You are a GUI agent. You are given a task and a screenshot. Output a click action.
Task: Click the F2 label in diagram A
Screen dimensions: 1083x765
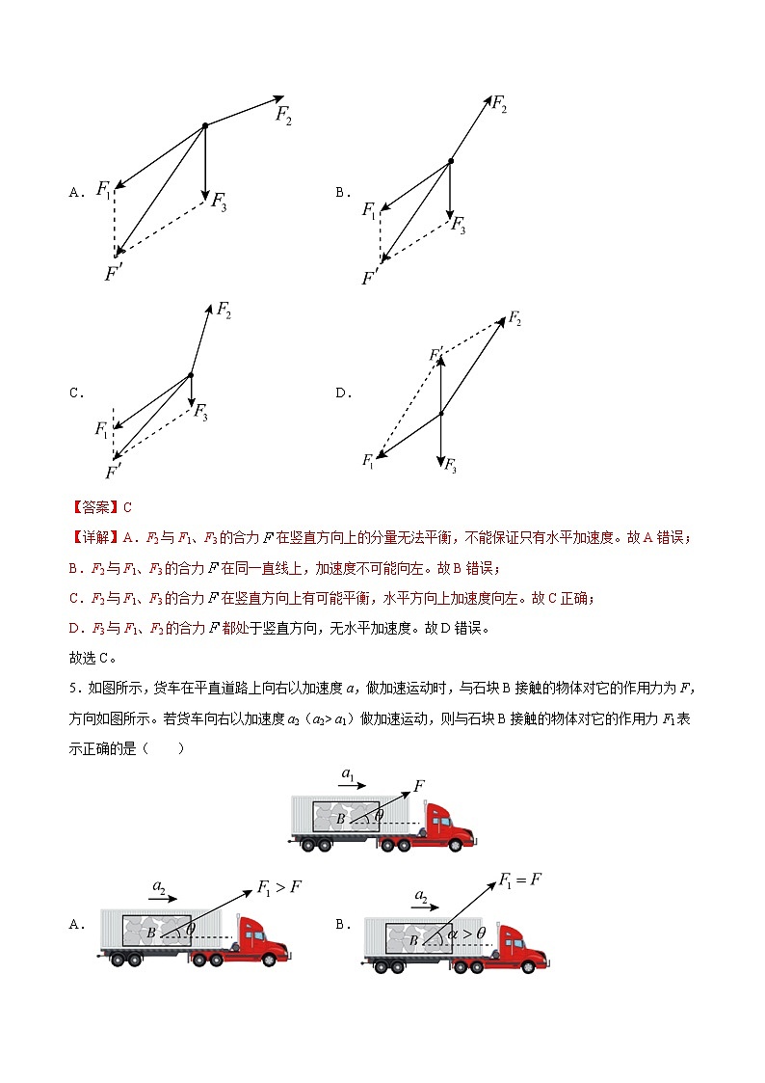coord(283,116)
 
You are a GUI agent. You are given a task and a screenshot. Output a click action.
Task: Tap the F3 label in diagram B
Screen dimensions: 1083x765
coord(459,227)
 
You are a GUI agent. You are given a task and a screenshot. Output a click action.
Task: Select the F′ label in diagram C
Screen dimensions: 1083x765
coord(114,473)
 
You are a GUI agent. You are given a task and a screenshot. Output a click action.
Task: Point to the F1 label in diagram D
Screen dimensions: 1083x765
coord(368,462)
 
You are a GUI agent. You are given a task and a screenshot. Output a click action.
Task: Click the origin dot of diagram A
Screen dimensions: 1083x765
coord(204,125)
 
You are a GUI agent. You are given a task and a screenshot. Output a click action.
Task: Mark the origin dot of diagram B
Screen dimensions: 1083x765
coord(450,161)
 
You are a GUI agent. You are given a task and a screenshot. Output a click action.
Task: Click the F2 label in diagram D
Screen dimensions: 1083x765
coord(515,319)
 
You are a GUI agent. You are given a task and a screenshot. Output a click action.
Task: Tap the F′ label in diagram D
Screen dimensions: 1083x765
coord(436,354)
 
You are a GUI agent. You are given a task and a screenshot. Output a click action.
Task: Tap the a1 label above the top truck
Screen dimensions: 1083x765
coord(349,773)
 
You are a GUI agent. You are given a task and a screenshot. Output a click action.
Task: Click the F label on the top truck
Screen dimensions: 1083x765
coord(419,786)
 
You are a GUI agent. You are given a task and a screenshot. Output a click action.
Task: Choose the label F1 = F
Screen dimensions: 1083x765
coord(521,880)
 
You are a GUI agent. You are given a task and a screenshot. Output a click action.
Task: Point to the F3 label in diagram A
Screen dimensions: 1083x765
coord(219,203)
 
